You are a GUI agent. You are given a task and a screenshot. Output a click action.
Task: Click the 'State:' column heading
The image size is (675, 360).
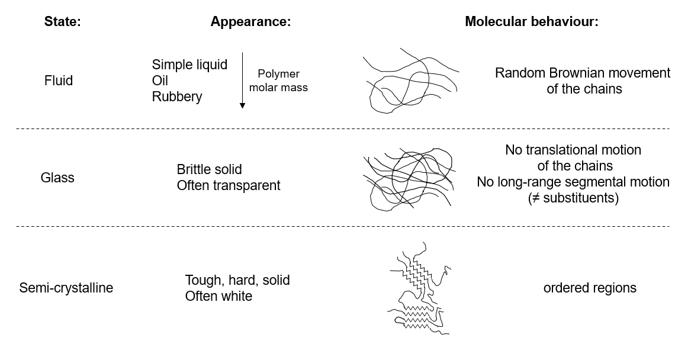62,21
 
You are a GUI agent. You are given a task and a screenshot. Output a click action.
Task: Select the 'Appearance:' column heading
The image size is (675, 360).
250,21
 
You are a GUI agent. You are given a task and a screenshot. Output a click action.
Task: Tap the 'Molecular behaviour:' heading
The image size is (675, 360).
532,21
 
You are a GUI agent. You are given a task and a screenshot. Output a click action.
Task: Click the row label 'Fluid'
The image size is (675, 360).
59,81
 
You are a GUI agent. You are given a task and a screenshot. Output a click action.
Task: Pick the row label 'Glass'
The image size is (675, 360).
57,178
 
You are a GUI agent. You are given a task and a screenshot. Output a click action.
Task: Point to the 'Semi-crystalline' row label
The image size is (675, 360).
66,288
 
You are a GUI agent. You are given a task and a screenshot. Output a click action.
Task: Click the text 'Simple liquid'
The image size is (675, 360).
189,65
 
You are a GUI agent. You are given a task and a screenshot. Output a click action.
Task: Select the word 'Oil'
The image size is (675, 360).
160,81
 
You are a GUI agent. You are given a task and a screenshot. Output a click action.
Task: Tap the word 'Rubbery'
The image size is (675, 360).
177,97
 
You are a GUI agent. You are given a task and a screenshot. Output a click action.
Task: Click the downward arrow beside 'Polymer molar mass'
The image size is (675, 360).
242,81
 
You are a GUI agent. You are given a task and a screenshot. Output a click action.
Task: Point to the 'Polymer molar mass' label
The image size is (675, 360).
278,81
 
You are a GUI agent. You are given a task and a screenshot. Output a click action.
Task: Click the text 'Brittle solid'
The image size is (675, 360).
209,169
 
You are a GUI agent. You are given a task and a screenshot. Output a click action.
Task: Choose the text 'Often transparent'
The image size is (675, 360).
229,185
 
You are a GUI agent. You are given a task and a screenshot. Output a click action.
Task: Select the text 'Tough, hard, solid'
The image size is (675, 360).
237,280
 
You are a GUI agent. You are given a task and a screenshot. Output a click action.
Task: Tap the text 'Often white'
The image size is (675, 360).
218,296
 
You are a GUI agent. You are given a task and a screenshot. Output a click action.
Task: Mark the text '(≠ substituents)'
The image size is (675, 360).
573,198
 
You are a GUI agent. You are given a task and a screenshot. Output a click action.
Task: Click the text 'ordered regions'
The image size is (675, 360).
590,288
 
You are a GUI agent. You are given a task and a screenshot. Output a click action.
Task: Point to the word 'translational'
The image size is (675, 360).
563,150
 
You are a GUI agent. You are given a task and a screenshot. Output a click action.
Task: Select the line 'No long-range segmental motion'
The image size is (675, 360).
573,182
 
